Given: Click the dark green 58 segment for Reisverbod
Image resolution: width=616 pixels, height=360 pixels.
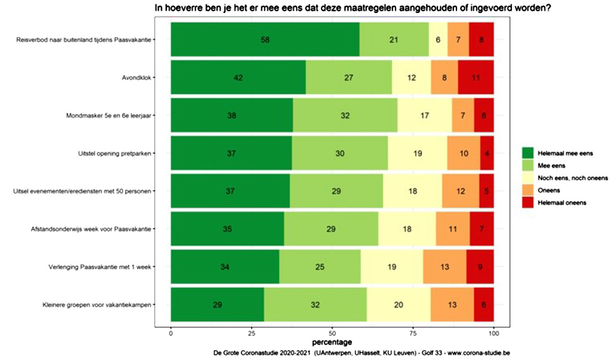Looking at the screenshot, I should click(265, 40).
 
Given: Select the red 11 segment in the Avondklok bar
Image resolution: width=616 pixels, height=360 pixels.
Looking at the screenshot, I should click(476, 78).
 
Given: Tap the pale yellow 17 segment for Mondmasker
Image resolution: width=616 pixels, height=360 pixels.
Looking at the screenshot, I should click(424, 116).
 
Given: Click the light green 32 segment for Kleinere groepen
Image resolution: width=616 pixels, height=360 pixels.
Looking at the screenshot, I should click(315, 305).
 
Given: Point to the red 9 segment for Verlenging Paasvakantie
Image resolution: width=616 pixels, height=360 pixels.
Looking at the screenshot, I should click(480, 267).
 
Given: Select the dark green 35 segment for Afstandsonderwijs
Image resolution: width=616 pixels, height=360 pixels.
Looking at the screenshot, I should click(227, 229).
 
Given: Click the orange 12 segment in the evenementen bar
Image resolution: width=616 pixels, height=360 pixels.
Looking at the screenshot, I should click(460, 192).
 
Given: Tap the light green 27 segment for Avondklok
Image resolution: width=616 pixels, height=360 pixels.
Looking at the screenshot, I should click(349, 78).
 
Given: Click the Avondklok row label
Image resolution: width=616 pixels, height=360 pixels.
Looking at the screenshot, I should click(138, 78).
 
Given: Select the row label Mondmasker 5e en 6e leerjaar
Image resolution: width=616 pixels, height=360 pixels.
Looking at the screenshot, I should click(110, 116).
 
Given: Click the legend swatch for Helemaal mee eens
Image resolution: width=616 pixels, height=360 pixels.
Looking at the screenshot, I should click(527, 152).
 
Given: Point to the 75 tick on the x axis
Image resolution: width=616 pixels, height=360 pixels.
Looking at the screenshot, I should click(413, 333).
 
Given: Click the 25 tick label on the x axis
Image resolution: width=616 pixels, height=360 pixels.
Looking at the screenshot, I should click(251, 333).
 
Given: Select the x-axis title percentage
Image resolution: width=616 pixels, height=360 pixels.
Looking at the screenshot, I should click(331, 342).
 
